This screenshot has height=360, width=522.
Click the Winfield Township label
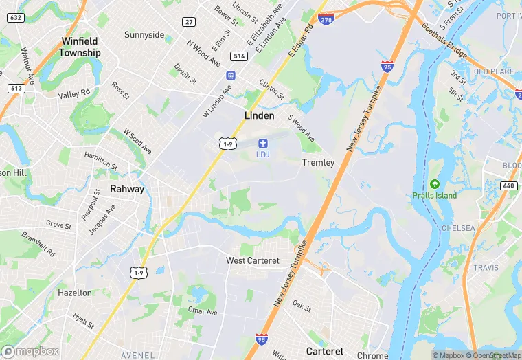[x=80, y=47]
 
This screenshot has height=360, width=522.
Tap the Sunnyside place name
[x=144, y=35]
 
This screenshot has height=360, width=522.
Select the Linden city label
[x=260, y=116]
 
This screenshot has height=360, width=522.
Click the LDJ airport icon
[x=262, y=143]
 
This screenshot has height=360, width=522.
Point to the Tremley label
[x=318, y=163]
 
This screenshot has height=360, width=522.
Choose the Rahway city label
[x=127, y=189]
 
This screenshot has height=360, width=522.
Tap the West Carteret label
[x=253, y=261]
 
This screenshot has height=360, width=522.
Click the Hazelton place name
[x=74, y=293]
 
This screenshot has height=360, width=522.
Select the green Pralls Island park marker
[x=434, y=184]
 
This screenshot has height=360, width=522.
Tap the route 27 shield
[x=188, y=22]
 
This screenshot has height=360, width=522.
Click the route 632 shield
[x=16, y=17]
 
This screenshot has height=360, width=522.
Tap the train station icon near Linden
[x=231, y=76]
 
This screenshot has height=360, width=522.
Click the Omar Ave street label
[x=203, y=311]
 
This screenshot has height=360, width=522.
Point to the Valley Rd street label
[x=74, y=94]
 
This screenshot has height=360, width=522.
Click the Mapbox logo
[x=31, y=351]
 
